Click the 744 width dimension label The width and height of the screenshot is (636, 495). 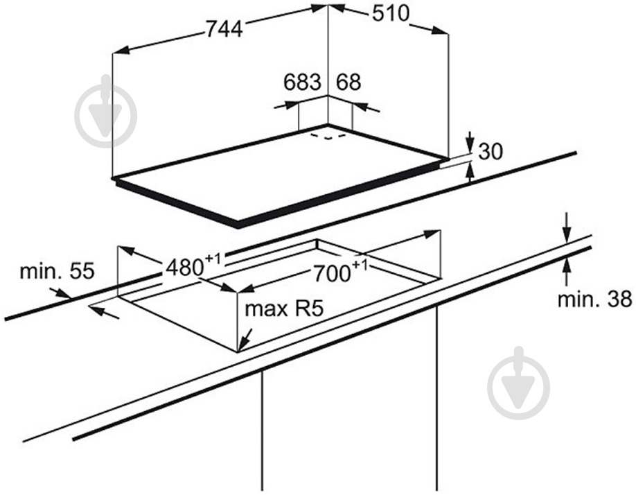click(x=224, y=29)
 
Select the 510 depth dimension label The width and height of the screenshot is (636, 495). click(x=391, y=13)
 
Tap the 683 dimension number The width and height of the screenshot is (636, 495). click(x=302, y=82)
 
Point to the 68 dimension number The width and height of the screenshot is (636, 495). click(x=348, y=82)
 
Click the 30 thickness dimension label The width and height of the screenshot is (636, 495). click(x=491, y=151)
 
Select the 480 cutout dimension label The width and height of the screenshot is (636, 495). click(x=193, y=266)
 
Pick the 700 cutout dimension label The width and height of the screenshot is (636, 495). click(x=340, y=271)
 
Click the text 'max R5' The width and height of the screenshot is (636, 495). click(x=284, y=309)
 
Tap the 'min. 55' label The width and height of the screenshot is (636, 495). click(x=57, y=270)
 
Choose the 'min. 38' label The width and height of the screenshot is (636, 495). click(x=595, y=299)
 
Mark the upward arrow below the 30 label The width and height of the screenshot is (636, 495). click(x=470, y=173)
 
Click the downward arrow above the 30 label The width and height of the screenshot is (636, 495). click(x=470, y=142)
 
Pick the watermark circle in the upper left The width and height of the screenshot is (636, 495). click(x=106, y=116)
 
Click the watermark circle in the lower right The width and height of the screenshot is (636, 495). click(x=519, y=388)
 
